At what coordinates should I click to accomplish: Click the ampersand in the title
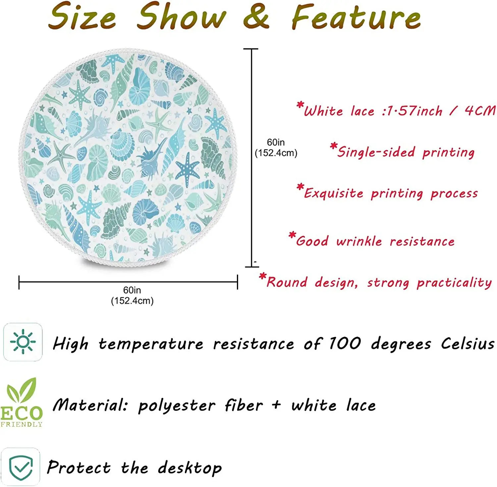tap(256, 17)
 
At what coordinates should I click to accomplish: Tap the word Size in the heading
tap(82, 17)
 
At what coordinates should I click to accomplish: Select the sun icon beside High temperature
tap(23, 342)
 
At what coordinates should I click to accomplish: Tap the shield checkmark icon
tap(21, 467)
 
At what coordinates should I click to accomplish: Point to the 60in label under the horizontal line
tap(132, 290)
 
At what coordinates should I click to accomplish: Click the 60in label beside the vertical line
tap(276, 142)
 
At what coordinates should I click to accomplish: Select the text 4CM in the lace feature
tap(480, 111)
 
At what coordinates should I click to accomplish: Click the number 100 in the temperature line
tap(345, 343)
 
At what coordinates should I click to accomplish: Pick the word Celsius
tap(468, 343)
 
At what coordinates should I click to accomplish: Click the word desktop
tap(190, 468)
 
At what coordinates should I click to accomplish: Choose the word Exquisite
tap(333, 193)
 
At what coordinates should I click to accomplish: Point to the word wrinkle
tap(359, 241)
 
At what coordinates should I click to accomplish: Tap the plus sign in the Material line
tap(276, 405)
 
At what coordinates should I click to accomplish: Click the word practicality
tap(454, 283)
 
